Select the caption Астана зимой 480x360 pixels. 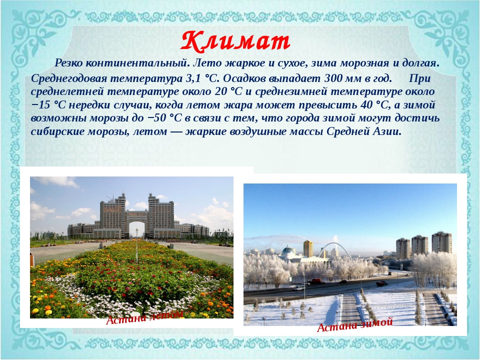[x=355, y=325]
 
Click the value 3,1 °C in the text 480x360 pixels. [x=202, y=78]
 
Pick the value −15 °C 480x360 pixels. [x=48, y=105]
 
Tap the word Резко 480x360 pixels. [x=68, y=63]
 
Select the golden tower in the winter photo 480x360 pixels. [x=308, y=248]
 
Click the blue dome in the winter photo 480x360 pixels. [x=288, y=251]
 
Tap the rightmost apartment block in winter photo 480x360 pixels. [x=441, y=242]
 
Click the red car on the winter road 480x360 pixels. [x=316, y=280]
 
